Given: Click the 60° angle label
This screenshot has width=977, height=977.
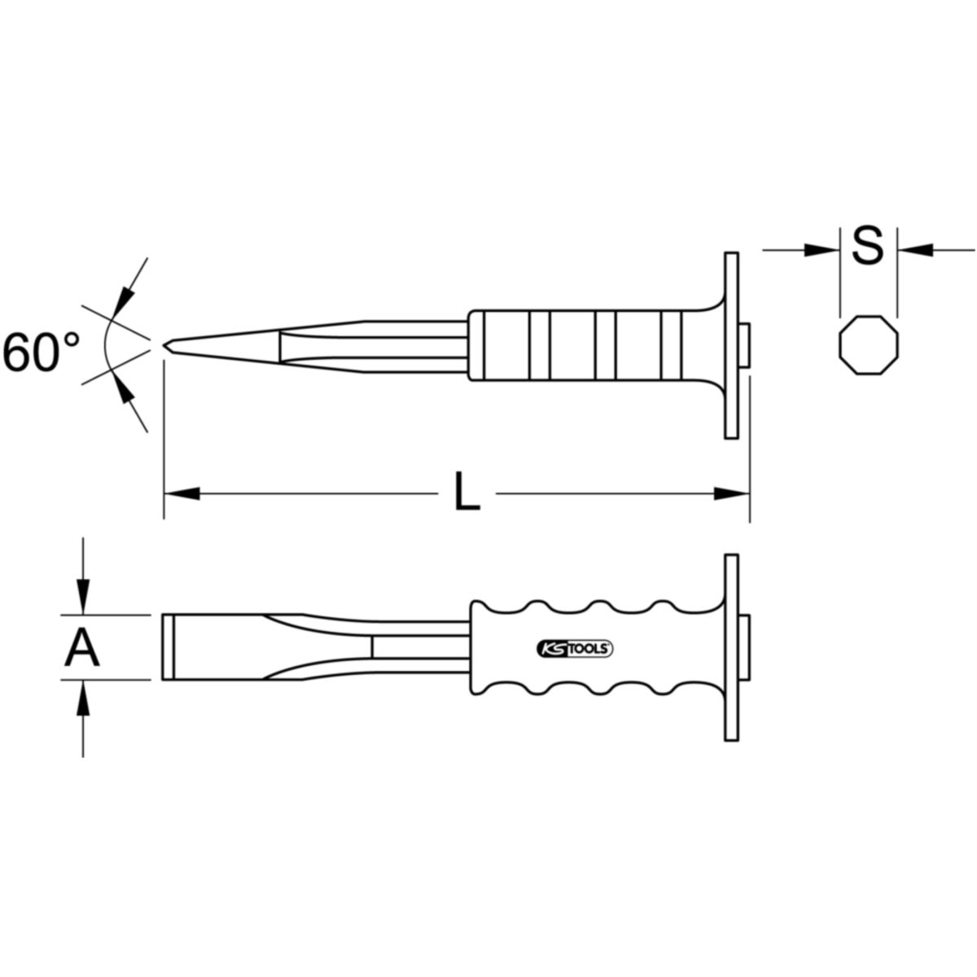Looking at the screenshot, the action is (x=41, y=352).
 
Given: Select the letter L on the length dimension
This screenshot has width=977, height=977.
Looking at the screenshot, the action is (x=467, y=491).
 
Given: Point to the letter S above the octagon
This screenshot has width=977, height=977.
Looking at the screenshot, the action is (x=867, y=247).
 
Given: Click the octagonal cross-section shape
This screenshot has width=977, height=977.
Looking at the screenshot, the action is (x=869, y=346).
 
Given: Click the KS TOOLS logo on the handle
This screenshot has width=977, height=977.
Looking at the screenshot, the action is (x=575, y=649).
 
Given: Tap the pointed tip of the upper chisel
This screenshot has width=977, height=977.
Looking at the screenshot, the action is (x=164, y=346).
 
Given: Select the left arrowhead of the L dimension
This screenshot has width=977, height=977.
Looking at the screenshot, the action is (x=182, y=493).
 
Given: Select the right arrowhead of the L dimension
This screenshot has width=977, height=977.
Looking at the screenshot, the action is (x=731, y=493).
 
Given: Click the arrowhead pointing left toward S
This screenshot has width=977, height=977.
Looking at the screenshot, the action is (x=916, y=249).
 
